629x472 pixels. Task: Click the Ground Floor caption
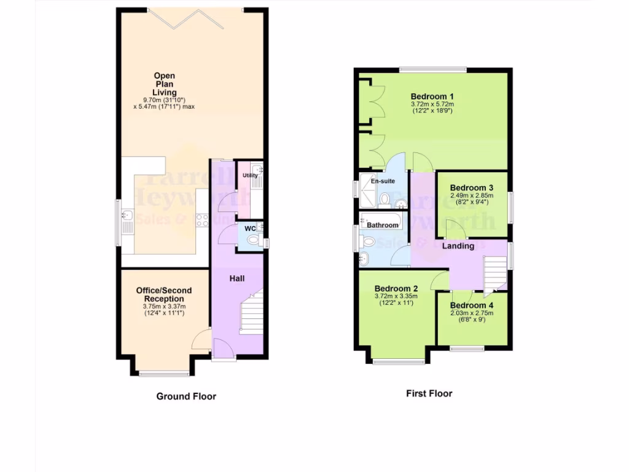click(x=186, y=396)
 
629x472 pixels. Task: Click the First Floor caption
click(x=429, y=393)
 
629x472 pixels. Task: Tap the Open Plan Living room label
click(x=164, y=84)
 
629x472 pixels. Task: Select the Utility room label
click(x=250, y=176)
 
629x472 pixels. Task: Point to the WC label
click(x=250, y=229)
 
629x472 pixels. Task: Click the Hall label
click(x=237, y=278)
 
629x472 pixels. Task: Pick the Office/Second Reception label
click(x=164, y=295)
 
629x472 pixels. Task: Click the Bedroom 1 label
click(x=432, y=96)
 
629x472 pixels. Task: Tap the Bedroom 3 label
click(x=472, y=188)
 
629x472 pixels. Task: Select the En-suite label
click(x=383, y=181)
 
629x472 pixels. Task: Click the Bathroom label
click(x=383, y=225)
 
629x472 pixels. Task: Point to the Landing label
click(x=459, y=246)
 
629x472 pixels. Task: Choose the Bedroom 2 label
click(x=396, y=288)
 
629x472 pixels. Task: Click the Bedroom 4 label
click(x=472, y=305)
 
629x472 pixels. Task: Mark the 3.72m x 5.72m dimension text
click(x=432, y=104)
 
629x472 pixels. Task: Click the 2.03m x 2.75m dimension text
click(x=472, y=313)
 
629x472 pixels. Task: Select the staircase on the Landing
click(x=495, y=275)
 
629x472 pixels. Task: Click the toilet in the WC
click(x=257, y=242)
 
